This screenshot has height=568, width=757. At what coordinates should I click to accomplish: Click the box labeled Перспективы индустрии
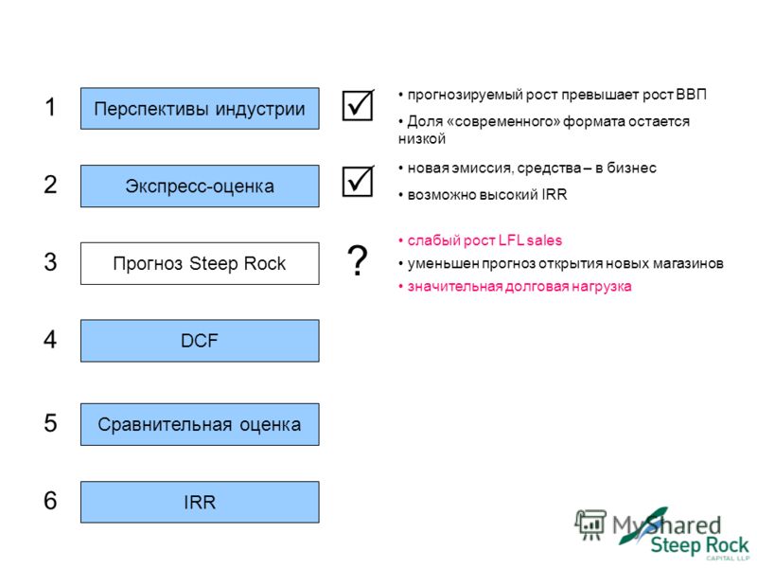click(x=200, y=108)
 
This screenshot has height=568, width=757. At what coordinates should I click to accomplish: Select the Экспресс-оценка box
click(x=200, y=186)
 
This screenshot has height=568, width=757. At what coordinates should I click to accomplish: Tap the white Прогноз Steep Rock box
click(x=200, y=263)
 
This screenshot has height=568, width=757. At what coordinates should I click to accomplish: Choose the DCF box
click(x=200, y=341)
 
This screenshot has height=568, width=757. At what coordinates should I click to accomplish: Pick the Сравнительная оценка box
click(x=200, y=424)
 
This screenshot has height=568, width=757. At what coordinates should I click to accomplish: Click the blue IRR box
click(x=200, y=502)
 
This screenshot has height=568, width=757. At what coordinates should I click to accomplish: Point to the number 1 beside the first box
click(x=50, y=107)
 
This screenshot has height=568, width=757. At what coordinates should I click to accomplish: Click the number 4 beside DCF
click(x=50, y=339)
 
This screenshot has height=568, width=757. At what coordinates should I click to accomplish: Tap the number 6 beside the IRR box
click(x=50, y=501)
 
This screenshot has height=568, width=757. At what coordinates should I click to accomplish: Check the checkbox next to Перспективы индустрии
click(x=358, y=105)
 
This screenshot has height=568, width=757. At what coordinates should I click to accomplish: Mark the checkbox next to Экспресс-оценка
click(x=358, y=181)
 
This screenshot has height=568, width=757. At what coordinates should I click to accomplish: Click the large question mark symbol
click(x=358, y=260)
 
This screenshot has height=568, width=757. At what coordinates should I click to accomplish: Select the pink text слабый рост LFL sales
click(x=481, y=240)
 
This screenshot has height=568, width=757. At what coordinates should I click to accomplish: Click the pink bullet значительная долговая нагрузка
click(x=515, y=287)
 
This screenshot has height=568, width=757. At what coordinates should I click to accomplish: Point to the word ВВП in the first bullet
click(x=692, y=94)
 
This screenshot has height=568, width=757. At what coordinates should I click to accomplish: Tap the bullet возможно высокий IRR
click(x=483, y=195)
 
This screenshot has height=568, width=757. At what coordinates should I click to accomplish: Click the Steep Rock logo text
click(x=699, y=546)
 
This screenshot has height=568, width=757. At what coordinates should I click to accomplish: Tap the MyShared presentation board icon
click(x=590, y=525)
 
